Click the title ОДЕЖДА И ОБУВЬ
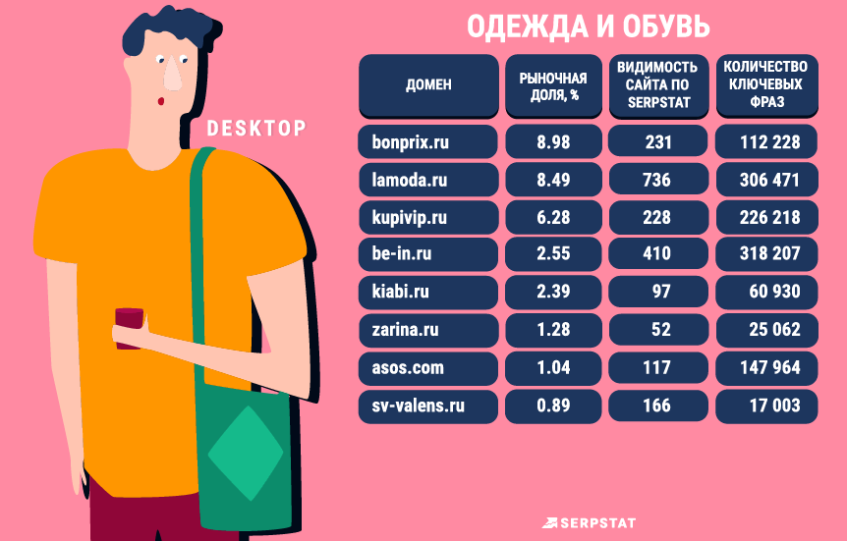coord(587,27)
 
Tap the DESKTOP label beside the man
coord(255,128)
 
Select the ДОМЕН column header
coord(428,84)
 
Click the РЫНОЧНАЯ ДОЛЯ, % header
coord(552,84)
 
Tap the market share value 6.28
coord(552,217)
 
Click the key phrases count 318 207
coord(766,254)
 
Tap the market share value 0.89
coord(552,405)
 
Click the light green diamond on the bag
coord(246,452)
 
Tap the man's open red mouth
coord(159,102)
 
